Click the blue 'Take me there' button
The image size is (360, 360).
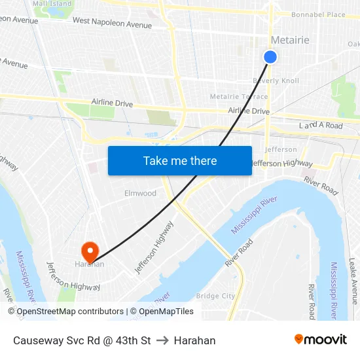180,160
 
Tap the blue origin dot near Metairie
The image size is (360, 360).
270,58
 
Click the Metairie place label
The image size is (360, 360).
290,41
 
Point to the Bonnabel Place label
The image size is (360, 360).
318,14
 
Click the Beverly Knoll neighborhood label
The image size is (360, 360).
276,81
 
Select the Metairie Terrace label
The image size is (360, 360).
239,97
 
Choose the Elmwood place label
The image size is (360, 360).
141,193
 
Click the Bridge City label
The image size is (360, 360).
215,296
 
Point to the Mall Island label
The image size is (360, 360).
52,4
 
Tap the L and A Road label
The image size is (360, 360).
321,125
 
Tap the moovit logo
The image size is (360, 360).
321,340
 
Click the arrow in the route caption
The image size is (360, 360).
162,340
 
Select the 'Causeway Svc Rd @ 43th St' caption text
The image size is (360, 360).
82,340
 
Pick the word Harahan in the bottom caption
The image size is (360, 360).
194,340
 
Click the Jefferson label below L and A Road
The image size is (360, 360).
281,149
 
